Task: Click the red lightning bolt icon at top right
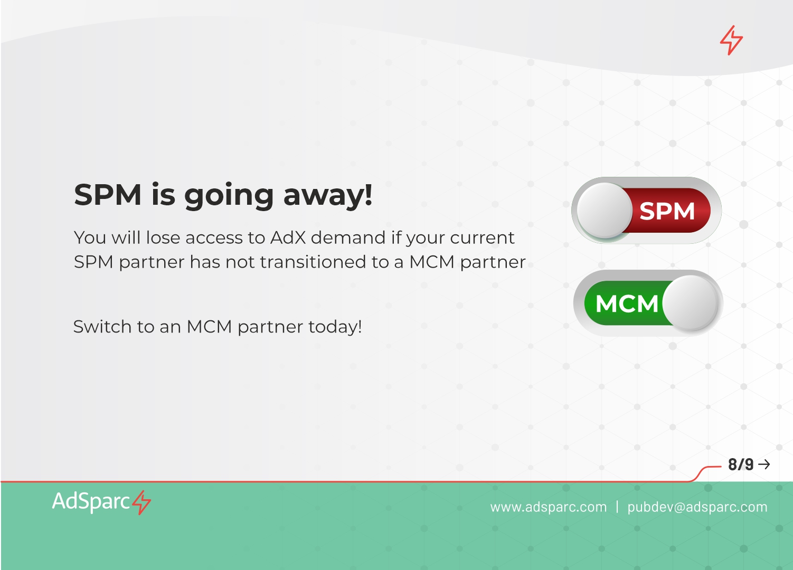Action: click(x=731, y=40)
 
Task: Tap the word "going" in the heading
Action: click(x=229, y=196)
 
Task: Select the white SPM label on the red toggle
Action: click(x=667, y=211)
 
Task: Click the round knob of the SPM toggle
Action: click(x=605, y=210)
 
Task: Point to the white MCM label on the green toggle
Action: click(x=627, y=303)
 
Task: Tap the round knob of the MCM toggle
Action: click(x=691, y=303)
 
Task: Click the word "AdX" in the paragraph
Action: click(x=288, y=237)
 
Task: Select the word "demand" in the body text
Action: click(x=348, y=237)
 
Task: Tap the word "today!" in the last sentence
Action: click(x=335, y=327)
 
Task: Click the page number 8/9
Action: click(x=741, y=464)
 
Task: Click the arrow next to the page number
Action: click(x=764, y=464)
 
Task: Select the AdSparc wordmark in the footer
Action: click(x=91, y=502)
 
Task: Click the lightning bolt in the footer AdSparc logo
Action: click(x=141, y=502)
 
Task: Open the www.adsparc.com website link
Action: click(x=549, y=507)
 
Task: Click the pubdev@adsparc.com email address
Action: click(x=697, y=507)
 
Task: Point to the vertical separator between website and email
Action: click(x=617, y=507)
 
